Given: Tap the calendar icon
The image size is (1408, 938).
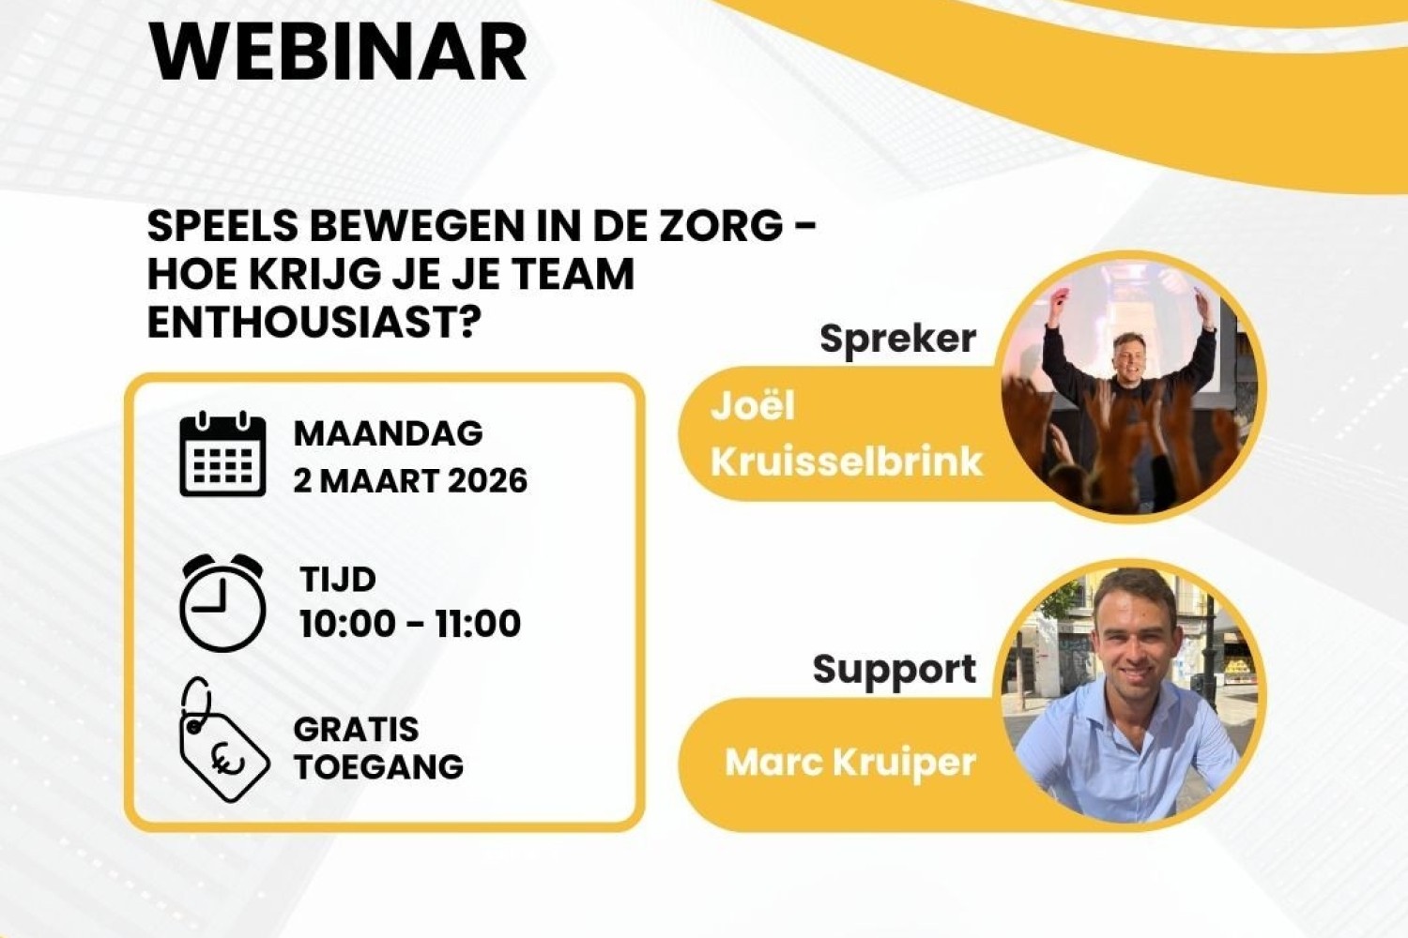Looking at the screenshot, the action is pos(222,454).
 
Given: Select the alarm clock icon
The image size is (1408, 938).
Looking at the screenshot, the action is pos(222,602).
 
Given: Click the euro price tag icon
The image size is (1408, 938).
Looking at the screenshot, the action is pos(223,740).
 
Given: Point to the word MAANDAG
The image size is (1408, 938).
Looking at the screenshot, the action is pos(389,432).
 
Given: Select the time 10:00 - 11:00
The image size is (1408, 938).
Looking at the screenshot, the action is pos(410,624).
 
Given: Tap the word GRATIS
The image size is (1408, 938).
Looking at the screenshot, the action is pos(357,730).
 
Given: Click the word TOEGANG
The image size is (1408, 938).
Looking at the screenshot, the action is pos(379,766).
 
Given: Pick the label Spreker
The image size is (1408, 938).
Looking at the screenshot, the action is pos(898,340).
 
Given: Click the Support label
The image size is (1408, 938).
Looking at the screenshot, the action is pos(895,670).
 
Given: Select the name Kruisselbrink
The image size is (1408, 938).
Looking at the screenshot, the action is pos(847,462).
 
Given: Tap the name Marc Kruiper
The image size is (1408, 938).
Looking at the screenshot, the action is pos(850,763).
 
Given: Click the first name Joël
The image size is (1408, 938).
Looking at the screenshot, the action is pos(753,406).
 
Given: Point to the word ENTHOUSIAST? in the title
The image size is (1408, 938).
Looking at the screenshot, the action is pos(310,323).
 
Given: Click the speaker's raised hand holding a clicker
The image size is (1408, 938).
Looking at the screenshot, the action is pos(1061,297).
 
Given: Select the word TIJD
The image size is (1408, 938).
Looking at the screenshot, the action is pos(338,580).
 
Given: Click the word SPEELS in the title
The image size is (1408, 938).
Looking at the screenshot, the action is pos(222,226).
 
